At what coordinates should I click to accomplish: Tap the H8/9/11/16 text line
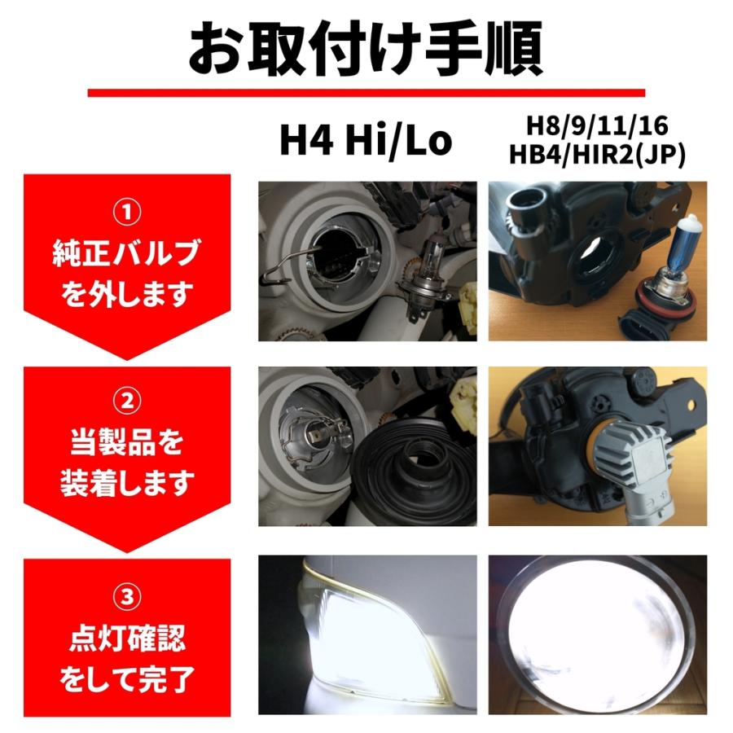[596, 126]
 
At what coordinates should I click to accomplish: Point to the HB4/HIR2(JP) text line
[596, 155]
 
